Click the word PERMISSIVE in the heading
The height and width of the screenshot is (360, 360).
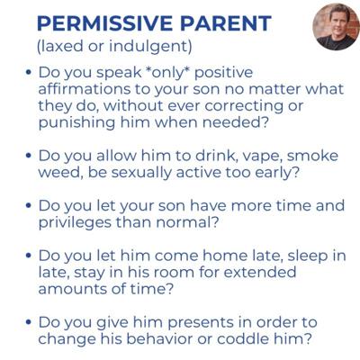[x=105, y=23]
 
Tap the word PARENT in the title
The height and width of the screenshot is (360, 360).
[x=226, y=23]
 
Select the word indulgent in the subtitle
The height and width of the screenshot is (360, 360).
[x=149, y=47]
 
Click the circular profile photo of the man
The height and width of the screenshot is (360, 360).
[x=336, y=27]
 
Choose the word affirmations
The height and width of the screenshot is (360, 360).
[x=85, y=89]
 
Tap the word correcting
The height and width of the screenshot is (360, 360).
[x=244, y=106]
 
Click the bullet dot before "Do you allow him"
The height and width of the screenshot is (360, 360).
[x=29, y=156]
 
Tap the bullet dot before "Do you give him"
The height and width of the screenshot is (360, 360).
[x=29, y=322]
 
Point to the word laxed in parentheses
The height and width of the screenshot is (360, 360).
[x=59, y=47]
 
